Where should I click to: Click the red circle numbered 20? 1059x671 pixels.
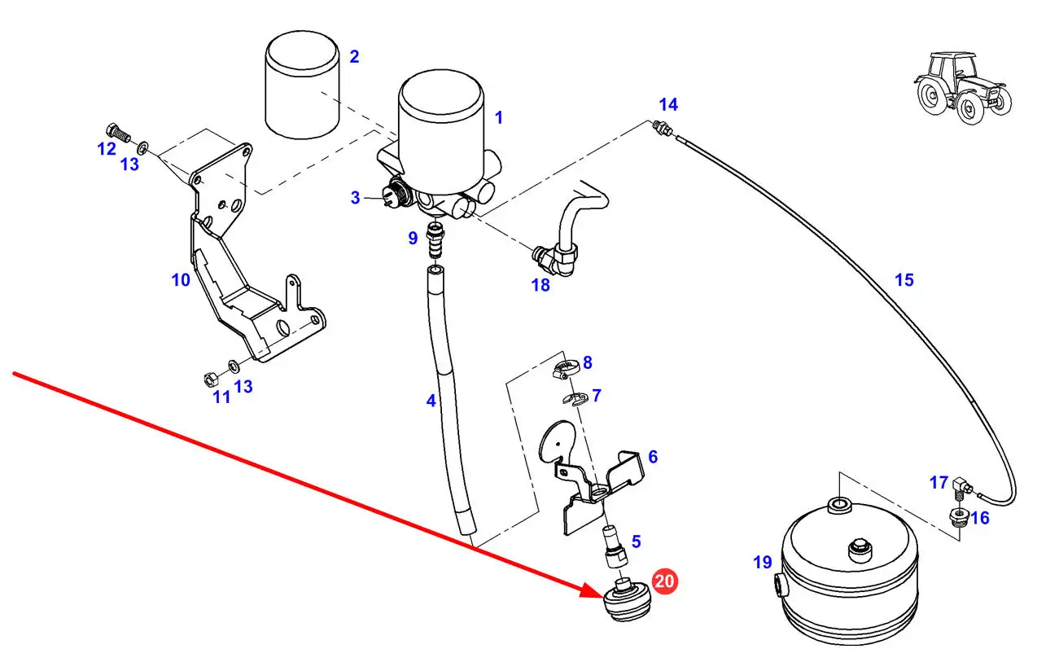click(x=664, y=581)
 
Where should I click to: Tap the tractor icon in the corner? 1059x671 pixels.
click(x=962, y=87)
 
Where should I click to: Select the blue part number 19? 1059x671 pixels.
click(x=762, y=562)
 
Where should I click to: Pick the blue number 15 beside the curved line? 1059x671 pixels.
click(x=904, y=280)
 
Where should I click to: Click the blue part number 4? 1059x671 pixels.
click(x=431, y=401)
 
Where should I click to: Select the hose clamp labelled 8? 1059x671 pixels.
click(x=565, y=369)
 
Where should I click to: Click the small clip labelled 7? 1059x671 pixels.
click(x=575, y=397)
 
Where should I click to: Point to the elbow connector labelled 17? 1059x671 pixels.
click(x=959, y=486)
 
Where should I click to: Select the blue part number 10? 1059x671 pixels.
click(x=180, y=280)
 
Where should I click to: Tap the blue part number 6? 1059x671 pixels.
click(x=652, y=457)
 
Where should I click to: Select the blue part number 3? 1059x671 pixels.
click(x=355, y=198)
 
